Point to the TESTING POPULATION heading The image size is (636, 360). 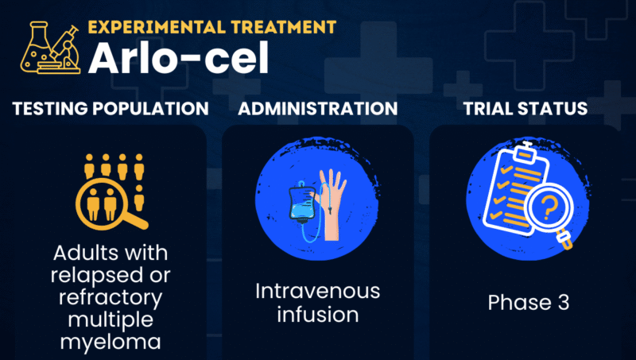[x=110, y=108]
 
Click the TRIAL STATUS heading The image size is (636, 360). [x=525, y=108]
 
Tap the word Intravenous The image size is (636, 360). [x=318, y=292]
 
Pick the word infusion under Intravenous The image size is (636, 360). [x=318, y=314]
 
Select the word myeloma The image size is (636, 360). [x=111, y=343]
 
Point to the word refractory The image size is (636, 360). [x=111, y=298]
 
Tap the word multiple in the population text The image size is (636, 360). [x=111, y=320]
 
